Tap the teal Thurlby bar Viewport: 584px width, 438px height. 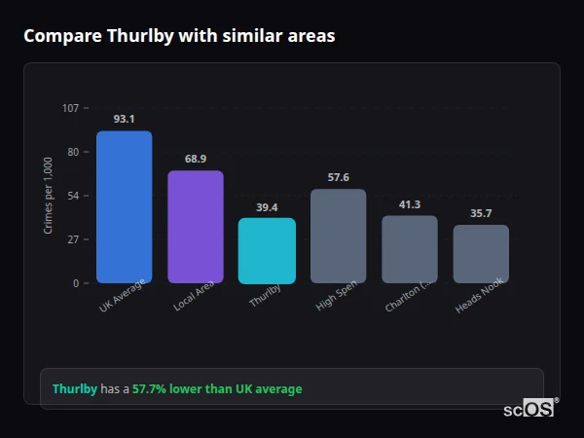[x=267, y=250]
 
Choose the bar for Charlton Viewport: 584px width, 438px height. [x=409, y=249]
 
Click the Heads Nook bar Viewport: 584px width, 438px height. [x=481, y=254]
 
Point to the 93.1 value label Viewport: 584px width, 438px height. [x=124, y=119]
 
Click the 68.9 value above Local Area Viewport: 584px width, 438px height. [x=196, y=159]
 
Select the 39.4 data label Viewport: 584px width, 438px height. [x=267, y=206]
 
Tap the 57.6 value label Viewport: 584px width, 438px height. [x=338, y=177]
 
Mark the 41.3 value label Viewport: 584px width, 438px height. [x=409, y=203]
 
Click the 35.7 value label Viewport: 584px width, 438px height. [x=481, y=213]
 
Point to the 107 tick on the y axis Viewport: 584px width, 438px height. [x=70, y=108]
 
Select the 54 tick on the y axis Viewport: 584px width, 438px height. [x=73, y=196]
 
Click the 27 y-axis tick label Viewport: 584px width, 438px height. [x=73, y=239]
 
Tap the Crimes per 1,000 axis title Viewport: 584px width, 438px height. [x=48, y=196]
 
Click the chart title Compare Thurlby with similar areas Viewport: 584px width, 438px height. [x=179, y=36]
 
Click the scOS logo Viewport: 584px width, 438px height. [x=529, y=409]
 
